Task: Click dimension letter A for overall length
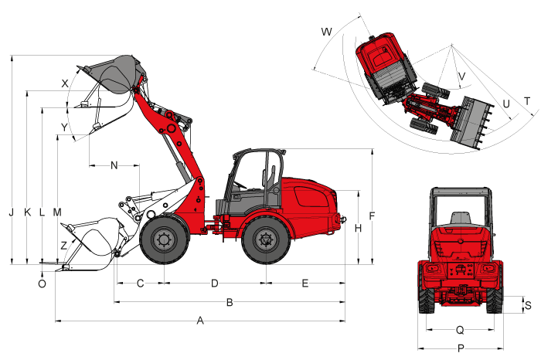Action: coord(200,321)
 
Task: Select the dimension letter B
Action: coord(230,302)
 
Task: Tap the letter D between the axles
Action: coord(215,284)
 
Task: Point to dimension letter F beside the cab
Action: coord(372,216)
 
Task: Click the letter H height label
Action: coord(358,228)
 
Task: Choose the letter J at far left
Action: coord(12,212)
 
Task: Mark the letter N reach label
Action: coord(114,165)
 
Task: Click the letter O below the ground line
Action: coord(42,284)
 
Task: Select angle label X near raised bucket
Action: coord(65,83)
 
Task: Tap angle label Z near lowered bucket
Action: coord(64,246)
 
